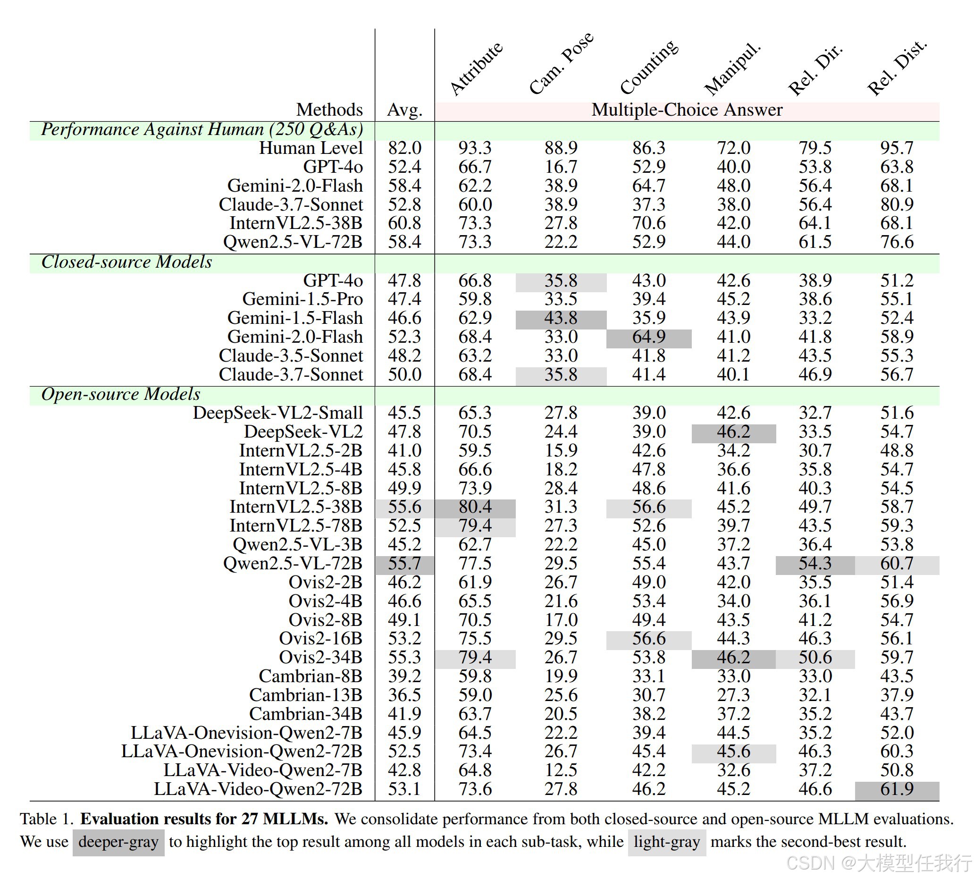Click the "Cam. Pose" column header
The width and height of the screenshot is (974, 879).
point(561,63)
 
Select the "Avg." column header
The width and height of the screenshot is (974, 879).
point(405,110)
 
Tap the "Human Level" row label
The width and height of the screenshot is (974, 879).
point(311,148)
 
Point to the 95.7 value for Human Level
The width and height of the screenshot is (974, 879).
point(896,148)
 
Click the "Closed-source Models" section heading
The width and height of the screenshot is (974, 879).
point(126,262)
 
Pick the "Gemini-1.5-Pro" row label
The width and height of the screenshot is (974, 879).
point(302,299)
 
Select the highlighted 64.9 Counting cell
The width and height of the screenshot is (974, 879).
point(648,337)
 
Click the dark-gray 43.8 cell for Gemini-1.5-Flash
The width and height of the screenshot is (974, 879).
point(561,318)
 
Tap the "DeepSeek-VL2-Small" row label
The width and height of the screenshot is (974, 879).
point(277,413)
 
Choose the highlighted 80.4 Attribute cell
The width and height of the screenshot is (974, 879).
point(475,507)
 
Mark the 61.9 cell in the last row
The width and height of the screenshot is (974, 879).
point(897,789)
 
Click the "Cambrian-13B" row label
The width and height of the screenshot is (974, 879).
point(306,695)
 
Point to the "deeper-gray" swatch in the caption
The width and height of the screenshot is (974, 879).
point(118,842)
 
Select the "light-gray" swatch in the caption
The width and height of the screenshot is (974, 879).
point(666,842)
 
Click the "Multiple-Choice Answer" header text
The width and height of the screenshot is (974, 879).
point(687,110)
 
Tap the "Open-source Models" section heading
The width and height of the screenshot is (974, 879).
point(121,394)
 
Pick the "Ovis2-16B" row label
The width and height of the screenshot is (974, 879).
point(320,639)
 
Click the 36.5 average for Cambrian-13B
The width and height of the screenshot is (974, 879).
point(405,695)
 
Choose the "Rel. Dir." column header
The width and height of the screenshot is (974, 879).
point(814,70)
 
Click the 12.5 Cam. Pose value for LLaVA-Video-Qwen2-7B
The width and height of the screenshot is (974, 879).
point(561,770)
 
